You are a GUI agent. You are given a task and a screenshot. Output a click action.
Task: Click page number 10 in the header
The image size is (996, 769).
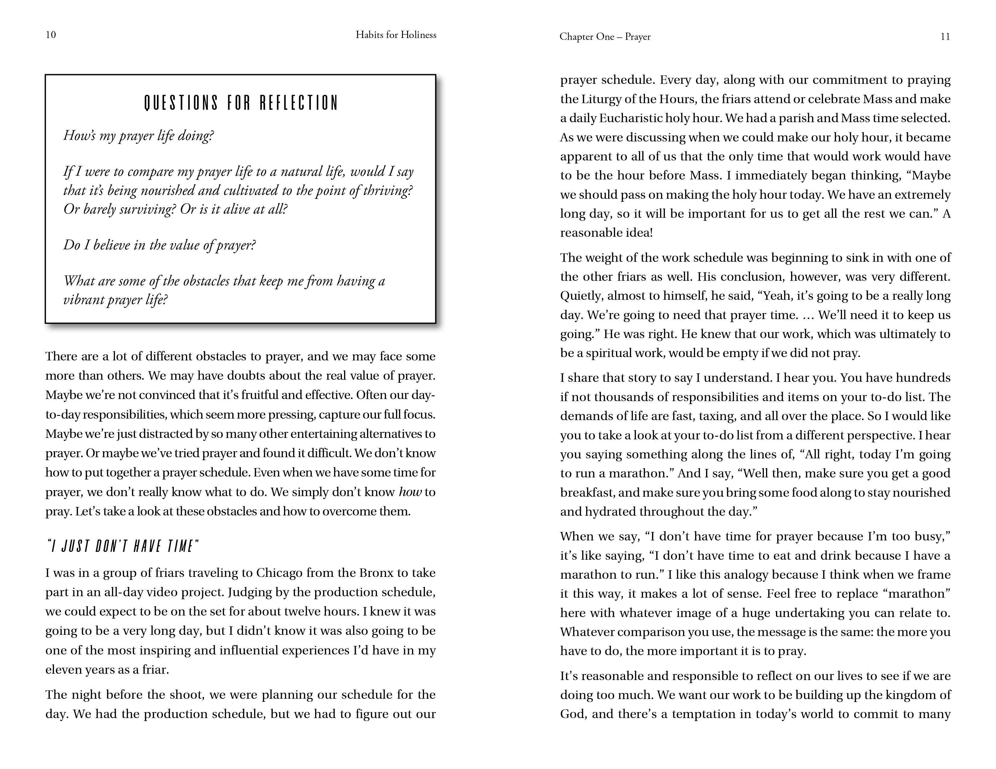(x=51, y=35)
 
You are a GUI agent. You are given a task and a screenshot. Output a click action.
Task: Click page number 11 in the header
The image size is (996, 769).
(x=945, y=37)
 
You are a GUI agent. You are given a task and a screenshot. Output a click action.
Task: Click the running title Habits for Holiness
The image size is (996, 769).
(x=396, y=35)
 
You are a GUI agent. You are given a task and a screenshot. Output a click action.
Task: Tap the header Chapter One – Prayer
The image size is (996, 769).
(x=605, y=37)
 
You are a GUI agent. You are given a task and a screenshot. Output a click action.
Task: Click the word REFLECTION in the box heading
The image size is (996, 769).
(x=299, y=103)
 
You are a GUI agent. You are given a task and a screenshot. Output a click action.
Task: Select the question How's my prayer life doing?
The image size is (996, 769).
(x=138, y=136)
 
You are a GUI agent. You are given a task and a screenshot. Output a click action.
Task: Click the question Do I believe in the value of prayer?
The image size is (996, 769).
(x=159, y=245)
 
